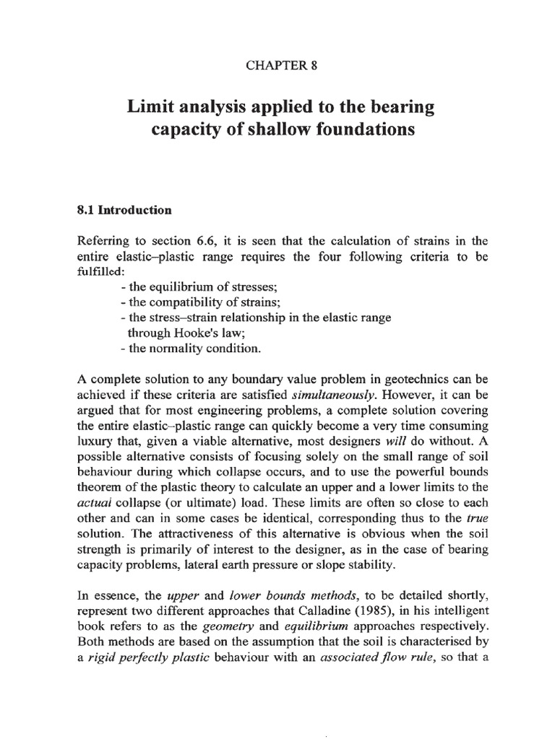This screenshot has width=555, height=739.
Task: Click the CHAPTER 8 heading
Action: click(x=277, y=66)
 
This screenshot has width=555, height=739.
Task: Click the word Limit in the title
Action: click(x=154, y=108)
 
